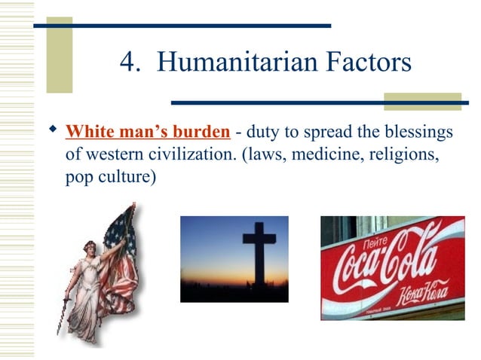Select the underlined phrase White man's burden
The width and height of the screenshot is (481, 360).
148,133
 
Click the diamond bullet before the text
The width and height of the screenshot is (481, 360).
52,132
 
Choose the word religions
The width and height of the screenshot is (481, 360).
403,157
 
